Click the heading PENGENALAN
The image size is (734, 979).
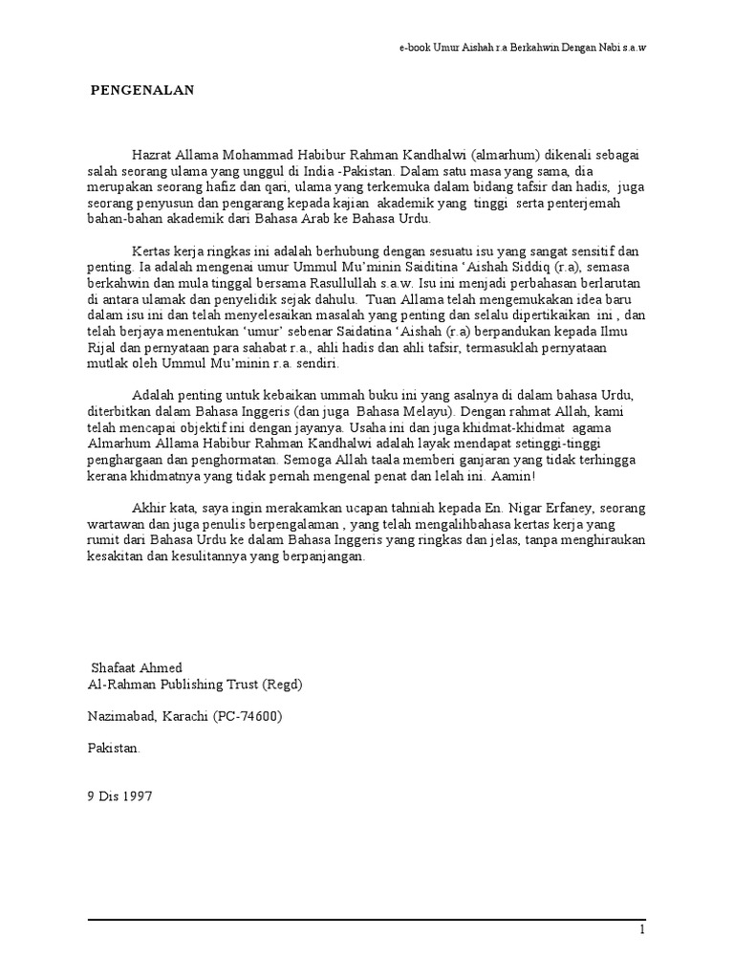(x=142, y=91)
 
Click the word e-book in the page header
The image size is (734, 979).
(x=416, y=47)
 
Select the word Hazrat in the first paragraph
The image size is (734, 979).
(x=153, y=154)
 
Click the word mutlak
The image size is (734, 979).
(x=99, y=366)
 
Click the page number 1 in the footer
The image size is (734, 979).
(x=643, y=930)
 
